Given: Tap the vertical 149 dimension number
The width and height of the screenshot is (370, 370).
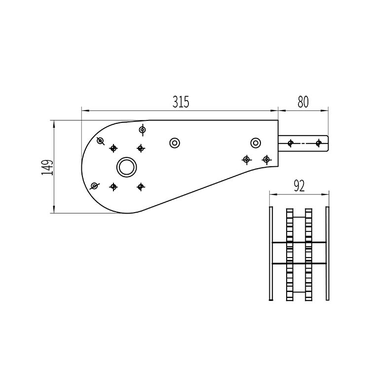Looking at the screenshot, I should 47,167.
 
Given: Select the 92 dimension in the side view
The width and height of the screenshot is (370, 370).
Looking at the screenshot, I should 298,185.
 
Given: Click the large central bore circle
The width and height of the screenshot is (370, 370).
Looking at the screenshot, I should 126,167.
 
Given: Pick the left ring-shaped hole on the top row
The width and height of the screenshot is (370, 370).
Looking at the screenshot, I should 174,143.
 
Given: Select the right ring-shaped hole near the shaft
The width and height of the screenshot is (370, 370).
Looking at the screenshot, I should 256,143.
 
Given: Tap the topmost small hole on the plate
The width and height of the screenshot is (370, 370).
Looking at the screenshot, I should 143,130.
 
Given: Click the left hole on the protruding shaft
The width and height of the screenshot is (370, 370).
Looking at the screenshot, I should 290,143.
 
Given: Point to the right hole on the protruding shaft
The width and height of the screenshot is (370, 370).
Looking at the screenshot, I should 319,143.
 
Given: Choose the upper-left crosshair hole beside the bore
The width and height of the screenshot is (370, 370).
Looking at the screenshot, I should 113,148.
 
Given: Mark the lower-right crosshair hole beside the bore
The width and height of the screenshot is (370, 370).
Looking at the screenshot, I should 141,186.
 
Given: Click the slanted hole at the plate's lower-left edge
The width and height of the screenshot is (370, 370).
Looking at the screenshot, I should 94,186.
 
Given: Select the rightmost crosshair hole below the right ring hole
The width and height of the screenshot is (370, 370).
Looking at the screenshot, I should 266,159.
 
